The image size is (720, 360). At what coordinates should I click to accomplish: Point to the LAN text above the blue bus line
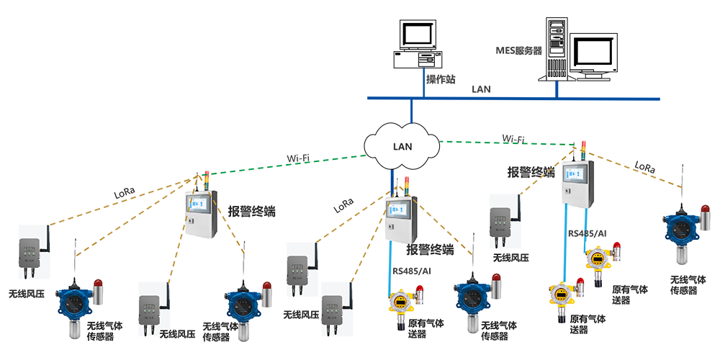(x=481, y=89)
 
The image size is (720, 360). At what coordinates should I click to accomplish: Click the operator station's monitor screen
(x=418, y=35)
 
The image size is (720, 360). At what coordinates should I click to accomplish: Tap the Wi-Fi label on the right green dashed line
(x=513, y=138)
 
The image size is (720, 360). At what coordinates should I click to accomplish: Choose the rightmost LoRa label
(x=644, y=168)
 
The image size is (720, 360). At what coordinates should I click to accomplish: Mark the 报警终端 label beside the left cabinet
(x=252, y=212)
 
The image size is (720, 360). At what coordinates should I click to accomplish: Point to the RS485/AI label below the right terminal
(x=588, y=234)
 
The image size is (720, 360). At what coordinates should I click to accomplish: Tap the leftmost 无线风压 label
(x=27, y=294)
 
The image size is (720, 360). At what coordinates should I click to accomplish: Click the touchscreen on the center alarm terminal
(x=400, y=211)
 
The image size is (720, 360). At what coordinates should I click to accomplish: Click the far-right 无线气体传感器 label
(x=683, y=285)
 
